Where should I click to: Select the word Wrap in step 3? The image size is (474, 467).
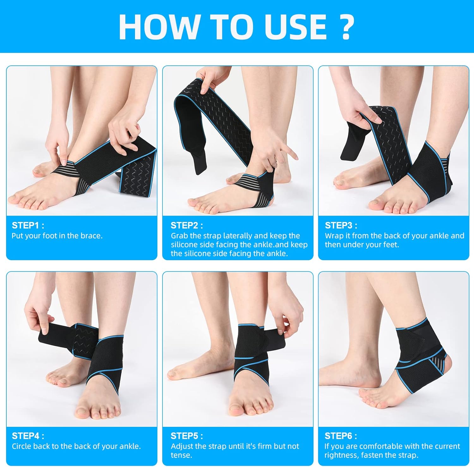pyautogui.click(x=334, y=236)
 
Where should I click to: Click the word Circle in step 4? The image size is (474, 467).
pyautogui.click(x=21, y=446)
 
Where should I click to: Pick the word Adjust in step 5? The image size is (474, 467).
pyautogui.click(x=181, y=446)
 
